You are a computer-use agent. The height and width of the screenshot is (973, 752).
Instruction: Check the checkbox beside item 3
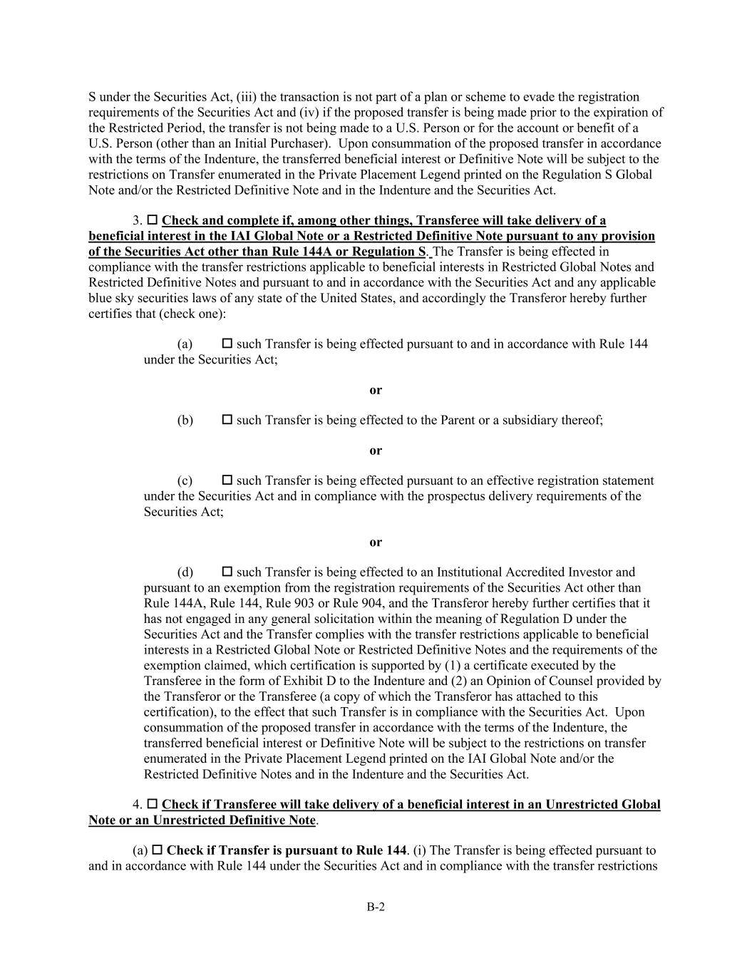153,220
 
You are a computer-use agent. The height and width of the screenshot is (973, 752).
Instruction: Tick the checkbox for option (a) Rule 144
227,344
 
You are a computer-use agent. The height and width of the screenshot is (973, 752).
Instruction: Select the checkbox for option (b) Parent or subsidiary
227,420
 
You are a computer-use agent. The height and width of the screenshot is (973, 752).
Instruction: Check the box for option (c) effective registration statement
227,480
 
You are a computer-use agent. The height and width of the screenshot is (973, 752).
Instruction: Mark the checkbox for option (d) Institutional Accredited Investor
227,572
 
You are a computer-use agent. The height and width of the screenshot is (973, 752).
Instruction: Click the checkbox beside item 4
153,804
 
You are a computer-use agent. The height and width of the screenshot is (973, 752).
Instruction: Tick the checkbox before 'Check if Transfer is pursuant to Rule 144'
158,850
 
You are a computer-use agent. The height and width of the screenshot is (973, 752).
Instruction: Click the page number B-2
376,907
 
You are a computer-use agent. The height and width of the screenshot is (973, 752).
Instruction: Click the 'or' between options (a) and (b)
376,390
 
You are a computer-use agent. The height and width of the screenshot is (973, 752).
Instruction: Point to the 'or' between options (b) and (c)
376,451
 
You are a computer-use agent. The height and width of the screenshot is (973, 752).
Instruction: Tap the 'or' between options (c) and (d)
376,542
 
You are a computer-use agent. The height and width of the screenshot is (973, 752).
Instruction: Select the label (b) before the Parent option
185,421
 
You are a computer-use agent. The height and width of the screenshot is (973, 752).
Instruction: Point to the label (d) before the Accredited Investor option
185,572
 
